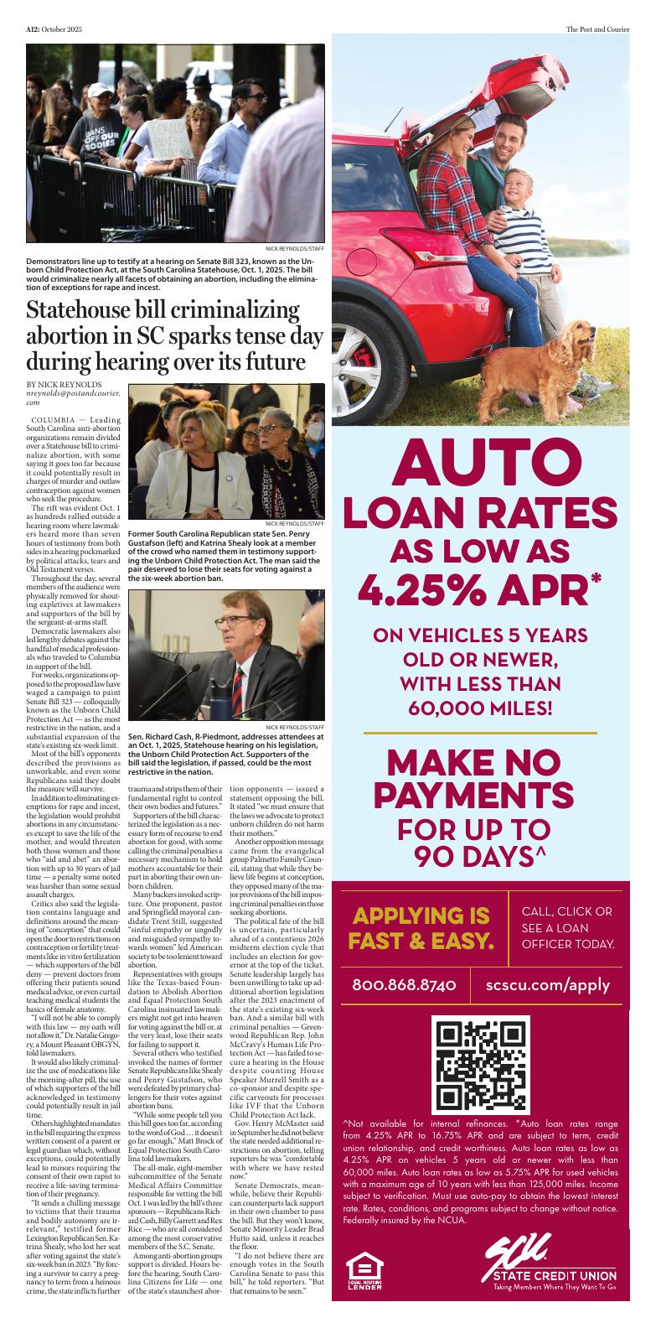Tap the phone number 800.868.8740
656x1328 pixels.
click(404, 984)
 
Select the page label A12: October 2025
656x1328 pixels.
click(52, 30)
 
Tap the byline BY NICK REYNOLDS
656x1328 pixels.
click(60, 384)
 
